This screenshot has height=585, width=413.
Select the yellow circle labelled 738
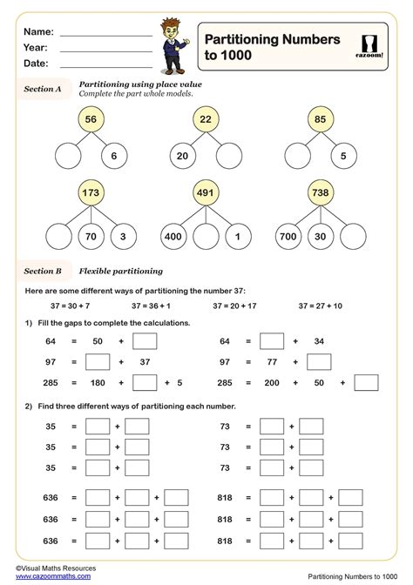click(320, 192)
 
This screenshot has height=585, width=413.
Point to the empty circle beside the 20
click(229, 158)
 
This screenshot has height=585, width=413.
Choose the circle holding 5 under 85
click(343, 158)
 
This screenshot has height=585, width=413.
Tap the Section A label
click(43, 89)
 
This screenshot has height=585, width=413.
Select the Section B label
click(43, 271)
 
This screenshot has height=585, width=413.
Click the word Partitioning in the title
click(243, 38)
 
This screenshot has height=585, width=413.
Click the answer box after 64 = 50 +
click(145, 341)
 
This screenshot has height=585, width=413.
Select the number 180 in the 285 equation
click(98, 382)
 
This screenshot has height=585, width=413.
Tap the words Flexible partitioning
click(116, 271)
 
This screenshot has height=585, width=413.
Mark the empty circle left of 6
click(71, 158)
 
